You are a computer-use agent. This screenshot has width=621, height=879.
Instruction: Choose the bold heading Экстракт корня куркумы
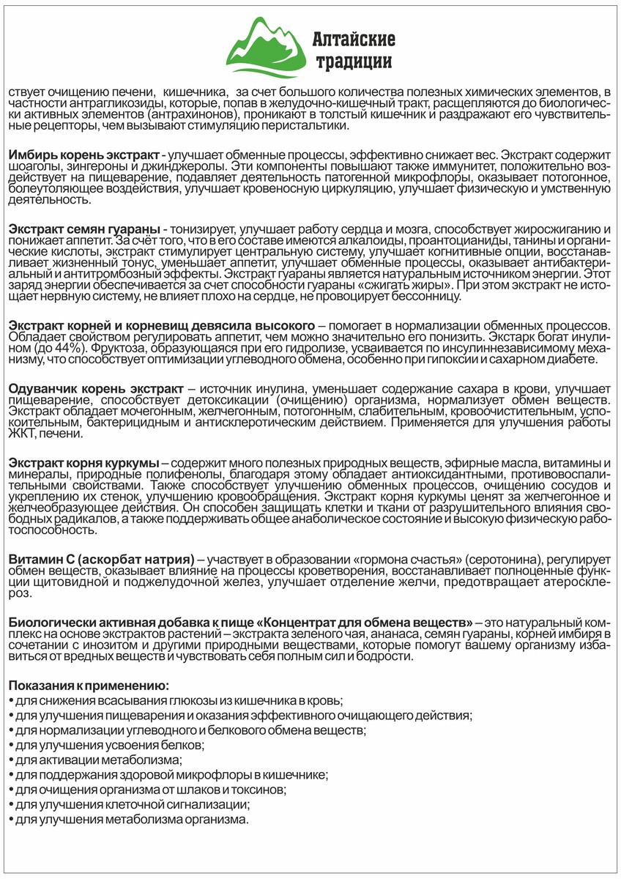pos(83,465)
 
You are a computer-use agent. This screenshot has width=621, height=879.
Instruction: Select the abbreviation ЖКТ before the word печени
pos(21,434)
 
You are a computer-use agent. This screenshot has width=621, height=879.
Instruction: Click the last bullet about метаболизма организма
pos(128,819)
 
